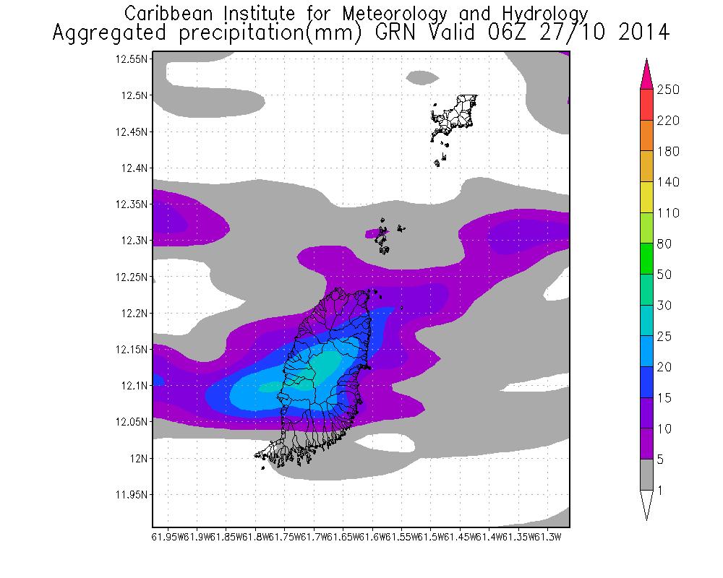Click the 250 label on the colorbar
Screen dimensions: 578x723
(x=669, y=90)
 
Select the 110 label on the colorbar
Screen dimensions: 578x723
(x=669, y=213)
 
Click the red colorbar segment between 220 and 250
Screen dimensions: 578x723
(x=646, y=105)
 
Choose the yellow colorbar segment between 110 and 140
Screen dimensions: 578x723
(x=646, y=197)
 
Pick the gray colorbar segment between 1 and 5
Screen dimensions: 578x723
(x=646, y=474)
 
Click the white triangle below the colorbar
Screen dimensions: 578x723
(x=646, y=504)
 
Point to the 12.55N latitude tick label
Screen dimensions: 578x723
(x=132, y=59)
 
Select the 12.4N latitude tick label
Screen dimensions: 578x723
(x=134, y=168)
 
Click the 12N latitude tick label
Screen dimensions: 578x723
(x=139, y=458)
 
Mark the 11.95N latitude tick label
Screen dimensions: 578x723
(x=132, y=495)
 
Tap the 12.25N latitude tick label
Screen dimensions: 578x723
(x=132, y=277)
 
